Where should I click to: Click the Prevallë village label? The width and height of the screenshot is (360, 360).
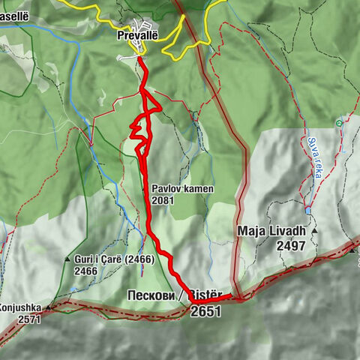point(136,34)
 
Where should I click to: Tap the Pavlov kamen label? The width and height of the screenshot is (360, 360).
point(182,190)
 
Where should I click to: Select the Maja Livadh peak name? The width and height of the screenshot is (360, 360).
point(272,230)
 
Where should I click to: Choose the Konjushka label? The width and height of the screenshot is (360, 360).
point(20,307)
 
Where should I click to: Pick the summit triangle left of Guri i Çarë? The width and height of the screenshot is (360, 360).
point(67,260)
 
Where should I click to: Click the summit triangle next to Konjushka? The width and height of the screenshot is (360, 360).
point(49,307)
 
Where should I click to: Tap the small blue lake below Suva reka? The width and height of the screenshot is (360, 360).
point(307,211)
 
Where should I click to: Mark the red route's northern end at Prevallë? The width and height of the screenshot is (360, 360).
point(139,55)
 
